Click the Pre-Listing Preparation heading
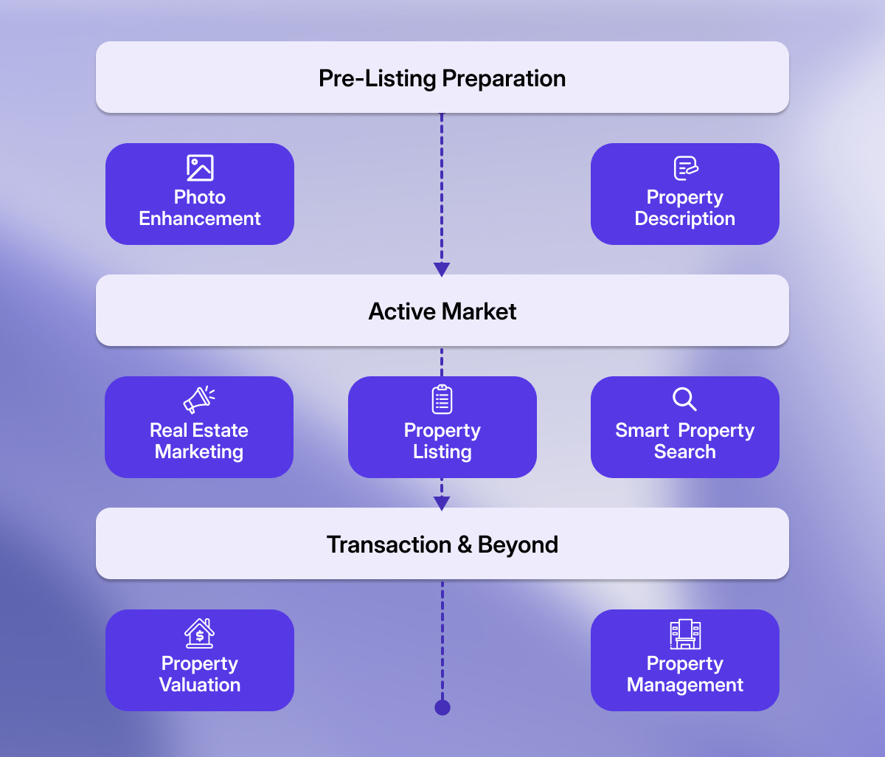tap(442, 78)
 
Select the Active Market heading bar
tap(442, 311)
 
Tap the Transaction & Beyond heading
tap(442, 545)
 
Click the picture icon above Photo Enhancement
tap(200, 167)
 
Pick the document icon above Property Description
tap(685, 167)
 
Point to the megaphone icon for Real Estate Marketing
tap(198, 400)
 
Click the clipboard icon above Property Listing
tap(442, 399)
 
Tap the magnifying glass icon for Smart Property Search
tap(684, 399)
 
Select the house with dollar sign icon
tap(199, 633)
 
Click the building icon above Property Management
tap(685, 634)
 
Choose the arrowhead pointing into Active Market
tap(442, 269)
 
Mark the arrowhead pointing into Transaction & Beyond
tap(442, 503)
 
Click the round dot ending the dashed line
tap(442, 708)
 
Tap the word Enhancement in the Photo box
tap(200, 219)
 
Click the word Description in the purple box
tap(685, 219)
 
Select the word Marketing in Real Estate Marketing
tap(199, 452)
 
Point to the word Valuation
tap(200, 685)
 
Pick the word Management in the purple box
tap(685, 685)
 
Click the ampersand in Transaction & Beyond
tap(465, 545)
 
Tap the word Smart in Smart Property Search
tap(642, 431)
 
